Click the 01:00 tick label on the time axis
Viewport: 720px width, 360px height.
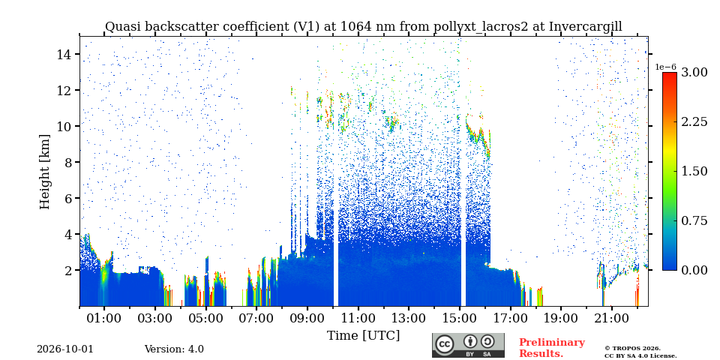[104, 318]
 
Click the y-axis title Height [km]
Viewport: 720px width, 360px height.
[44, 172]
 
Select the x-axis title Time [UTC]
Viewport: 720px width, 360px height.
[363, 336]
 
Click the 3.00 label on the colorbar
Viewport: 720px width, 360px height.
[694, 72]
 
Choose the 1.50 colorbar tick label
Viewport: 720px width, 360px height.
[694, 171]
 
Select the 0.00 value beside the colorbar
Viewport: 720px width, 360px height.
[694, 270]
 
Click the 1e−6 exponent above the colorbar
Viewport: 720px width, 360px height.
[665, 67]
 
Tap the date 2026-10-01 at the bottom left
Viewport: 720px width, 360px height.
[64, 349]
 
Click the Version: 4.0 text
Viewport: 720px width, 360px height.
[174, 349]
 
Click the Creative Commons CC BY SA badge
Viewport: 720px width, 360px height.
[468, 345]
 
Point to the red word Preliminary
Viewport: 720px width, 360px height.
[552, 343]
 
